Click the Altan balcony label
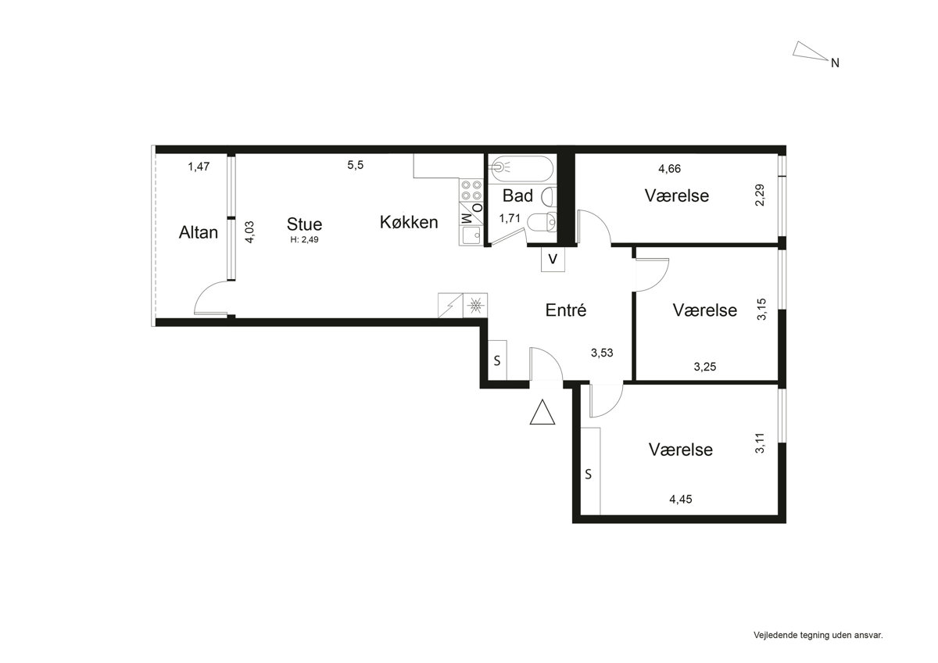[x=198, y=232]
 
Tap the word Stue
[x=304, y=224]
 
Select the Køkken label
[x=409, y=222]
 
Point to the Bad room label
[x=517, y=195]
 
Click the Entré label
[x=566, y=310]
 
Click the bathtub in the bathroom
[x=521, y=169]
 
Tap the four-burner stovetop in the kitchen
[x=471, y=190]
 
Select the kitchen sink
[x=471, y=235]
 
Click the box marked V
[x=553, y=260]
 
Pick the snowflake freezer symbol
[x=475, y=305]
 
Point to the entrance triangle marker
[x=542, y=412]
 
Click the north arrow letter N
[x=835, y=63]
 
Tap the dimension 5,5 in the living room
[x=355, y=165]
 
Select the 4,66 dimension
[x=670, y=169]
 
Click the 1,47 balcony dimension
[x=199, y=167]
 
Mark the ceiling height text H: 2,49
[x=304, y=240]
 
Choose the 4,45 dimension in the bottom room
[x=681, y=500]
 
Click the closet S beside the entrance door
[x=497, y=360]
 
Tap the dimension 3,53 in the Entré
[x=602, y=353]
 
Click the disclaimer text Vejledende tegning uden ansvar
[x=818, y=636]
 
